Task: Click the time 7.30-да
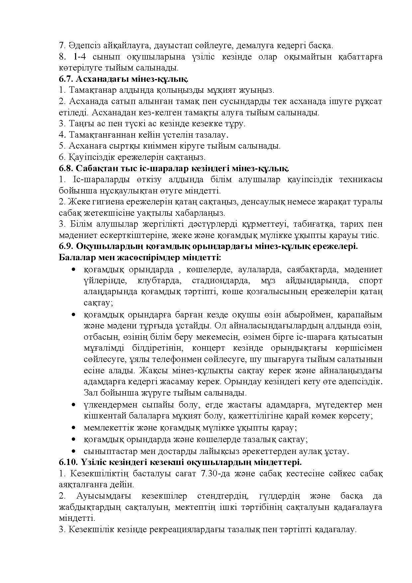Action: point(218,473)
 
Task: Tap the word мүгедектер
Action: point(324,405)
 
